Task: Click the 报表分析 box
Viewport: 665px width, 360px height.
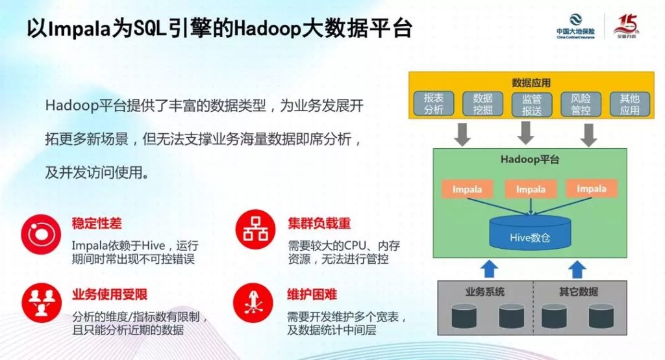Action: point(433,103)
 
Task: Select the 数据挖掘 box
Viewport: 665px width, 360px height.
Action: point(483,103)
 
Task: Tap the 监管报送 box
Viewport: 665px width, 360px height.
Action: point(531,104)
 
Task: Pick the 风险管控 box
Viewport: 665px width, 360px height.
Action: point(581,104)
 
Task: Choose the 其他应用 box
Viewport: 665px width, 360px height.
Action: point(630,104)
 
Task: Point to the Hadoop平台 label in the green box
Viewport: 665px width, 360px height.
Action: point(530,160)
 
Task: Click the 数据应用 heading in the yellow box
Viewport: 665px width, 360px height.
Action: point(531,83)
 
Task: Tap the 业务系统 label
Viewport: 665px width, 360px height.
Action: point(485,292)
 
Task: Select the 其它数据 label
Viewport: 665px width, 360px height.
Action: point(579,292)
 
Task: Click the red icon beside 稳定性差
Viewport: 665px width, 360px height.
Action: point(41,234)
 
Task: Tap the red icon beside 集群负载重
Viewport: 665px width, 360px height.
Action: point(255,229)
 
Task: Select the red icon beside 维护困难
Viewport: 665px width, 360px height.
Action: point(253,303)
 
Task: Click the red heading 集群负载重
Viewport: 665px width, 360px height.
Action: point(319,224)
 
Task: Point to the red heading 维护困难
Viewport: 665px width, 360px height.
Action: point(312,294)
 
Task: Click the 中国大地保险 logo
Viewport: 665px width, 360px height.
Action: point(575,27)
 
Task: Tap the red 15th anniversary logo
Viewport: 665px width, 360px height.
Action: point(627,27)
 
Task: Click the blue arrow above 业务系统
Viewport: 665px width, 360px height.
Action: point(490,269)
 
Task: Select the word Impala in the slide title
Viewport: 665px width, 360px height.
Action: point(81,29)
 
